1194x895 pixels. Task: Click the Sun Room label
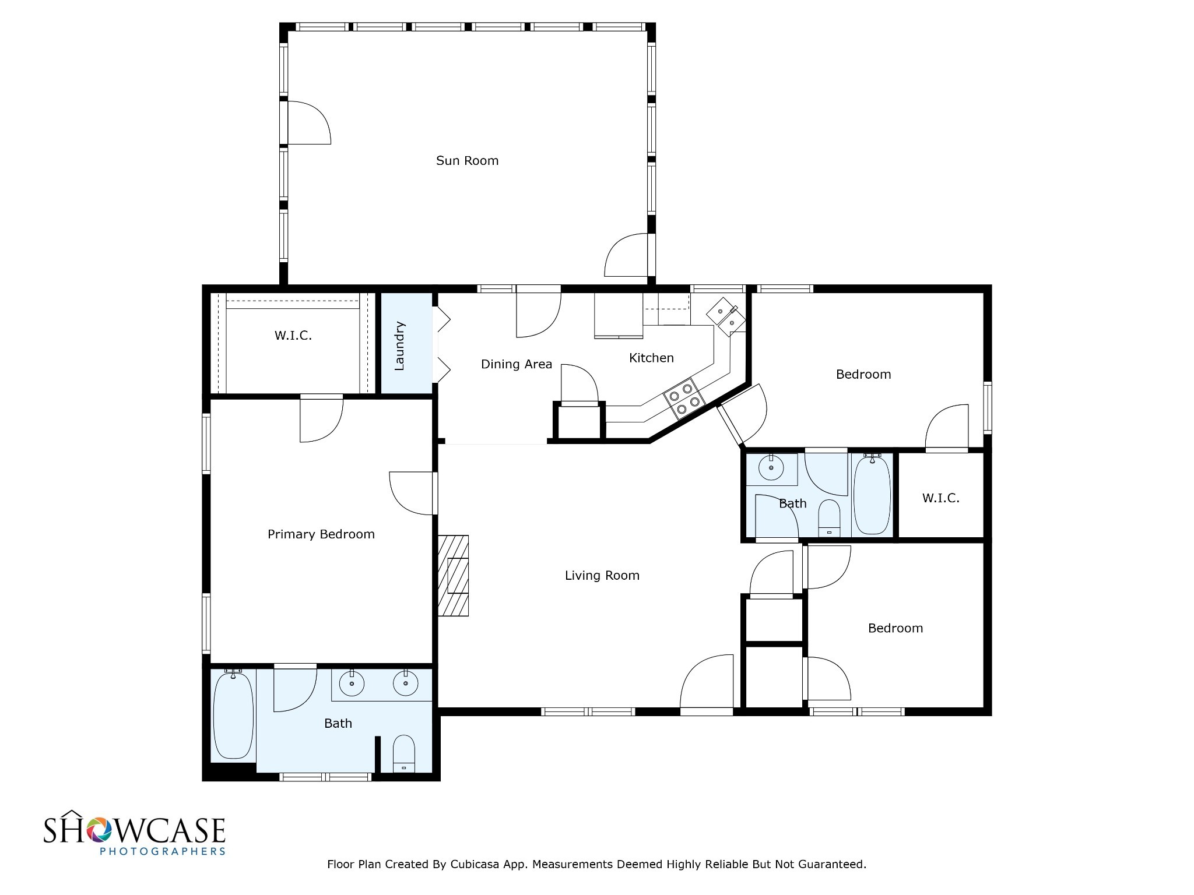(x=467, y=161)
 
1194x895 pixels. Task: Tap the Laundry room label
(x=399, y=346)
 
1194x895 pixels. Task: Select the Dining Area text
(x=516, y=364)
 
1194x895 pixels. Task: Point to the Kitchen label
(x=651, y=358)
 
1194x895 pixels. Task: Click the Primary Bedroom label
(x=321, y=534)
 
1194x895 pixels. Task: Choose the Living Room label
(x=602, y=576)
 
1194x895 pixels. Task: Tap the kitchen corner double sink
(x=726, y=316)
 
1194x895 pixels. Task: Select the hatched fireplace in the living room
(x=454, y=576)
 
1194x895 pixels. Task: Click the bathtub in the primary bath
(x=233, y=716)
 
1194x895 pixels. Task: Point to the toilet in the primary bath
(x=403, y=754)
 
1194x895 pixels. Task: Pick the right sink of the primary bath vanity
(x=405, y=683)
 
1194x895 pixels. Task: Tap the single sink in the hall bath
(x=771, y=468)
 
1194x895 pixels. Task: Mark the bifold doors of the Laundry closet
(x=442, y=345)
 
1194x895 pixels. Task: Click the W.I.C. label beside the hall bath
(x=940, y=498)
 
